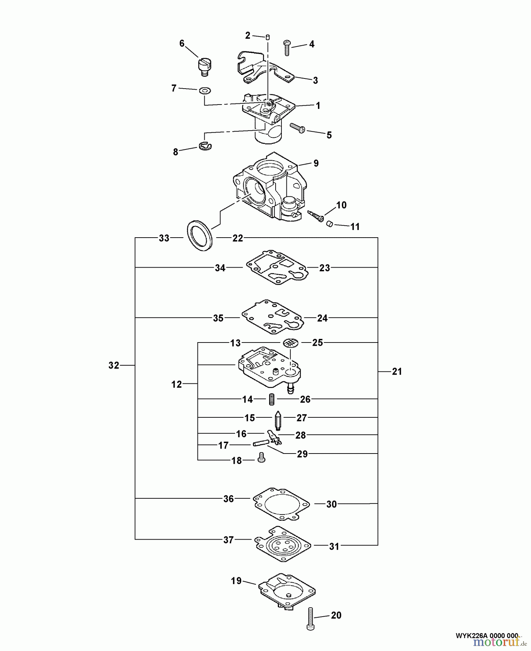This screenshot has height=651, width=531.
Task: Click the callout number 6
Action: point(182,44)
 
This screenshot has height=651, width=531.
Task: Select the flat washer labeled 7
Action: point(205,90)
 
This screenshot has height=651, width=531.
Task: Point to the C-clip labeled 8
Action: point(205,145)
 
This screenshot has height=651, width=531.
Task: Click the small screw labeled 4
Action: point(286,47)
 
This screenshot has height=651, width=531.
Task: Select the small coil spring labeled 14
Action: point(272,399)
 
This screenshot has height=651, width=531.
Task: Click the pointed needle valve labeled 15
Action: point(278,420)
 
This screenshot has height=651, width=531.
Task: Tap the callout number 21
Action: point(397,371)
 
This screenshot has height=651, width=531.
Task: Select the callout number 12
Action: point(177,384)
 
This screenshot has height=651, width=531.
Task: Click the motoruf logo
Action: point(497,642)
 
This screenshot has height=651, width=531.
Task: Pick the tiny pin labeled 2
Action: point(268,37)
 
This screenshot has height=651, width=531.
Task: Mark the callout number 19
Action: point(236,581)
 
